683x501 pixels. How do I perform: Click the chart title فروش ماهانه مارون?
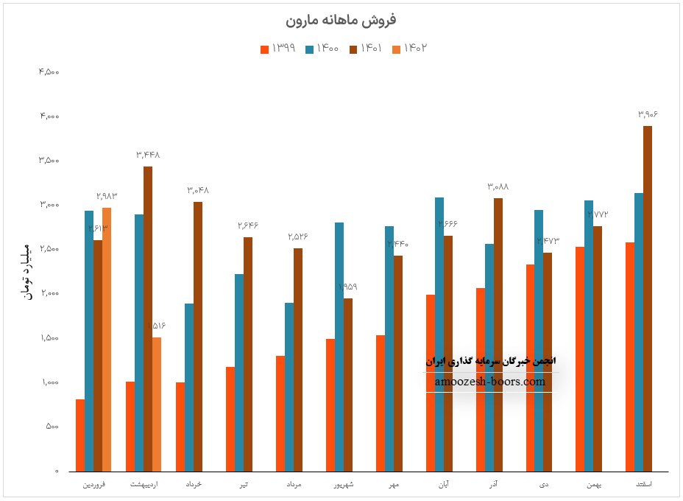[x=340, y=20]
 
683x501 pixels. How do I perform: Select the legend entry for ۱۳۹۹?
[x=278, y=49]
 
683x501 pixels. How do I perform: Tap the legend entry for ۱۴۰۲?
[x=411, y=49]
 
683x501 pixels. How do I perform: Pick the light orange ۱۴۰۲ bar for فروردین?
[x=107, y=339]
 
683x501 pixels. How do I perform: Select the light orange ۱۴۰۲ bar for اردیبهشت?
[x=157, y=404]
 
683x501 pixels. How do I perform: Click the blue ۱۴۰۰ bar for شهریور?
[x=339, y=346]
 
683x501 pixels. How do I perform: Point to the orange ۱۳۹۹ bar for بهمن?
[x=580, y=359]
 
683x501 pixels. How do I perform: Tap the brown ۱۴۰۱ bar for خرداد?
[x=198, y=336]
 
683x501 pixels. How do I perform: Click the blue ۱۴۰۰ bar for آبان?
[x=439, y=334]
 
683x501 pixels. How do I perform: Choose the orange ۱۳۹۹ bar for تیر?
[x=230, y=418]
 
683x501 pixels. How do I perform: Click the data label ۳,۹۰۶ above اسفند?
[x=648, y=114]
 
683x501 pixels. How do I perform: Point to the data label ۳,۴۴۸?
[x=148, y=155]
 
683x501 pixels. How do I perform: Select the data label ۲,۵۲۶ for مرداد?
[x=298, y=237]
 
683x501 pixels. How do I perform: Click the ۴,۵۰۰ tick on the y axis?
[x=49, y=71]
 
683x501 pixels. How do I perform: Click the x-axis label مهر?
[x=394, y=484]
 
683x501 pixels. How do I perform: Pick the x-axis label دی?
[x=544, y=484]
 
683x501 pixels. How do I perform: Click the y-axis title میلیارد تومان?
[x=27, y=271]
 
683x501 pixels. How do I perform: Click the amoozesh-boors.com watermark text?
[x=490, y=382]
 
